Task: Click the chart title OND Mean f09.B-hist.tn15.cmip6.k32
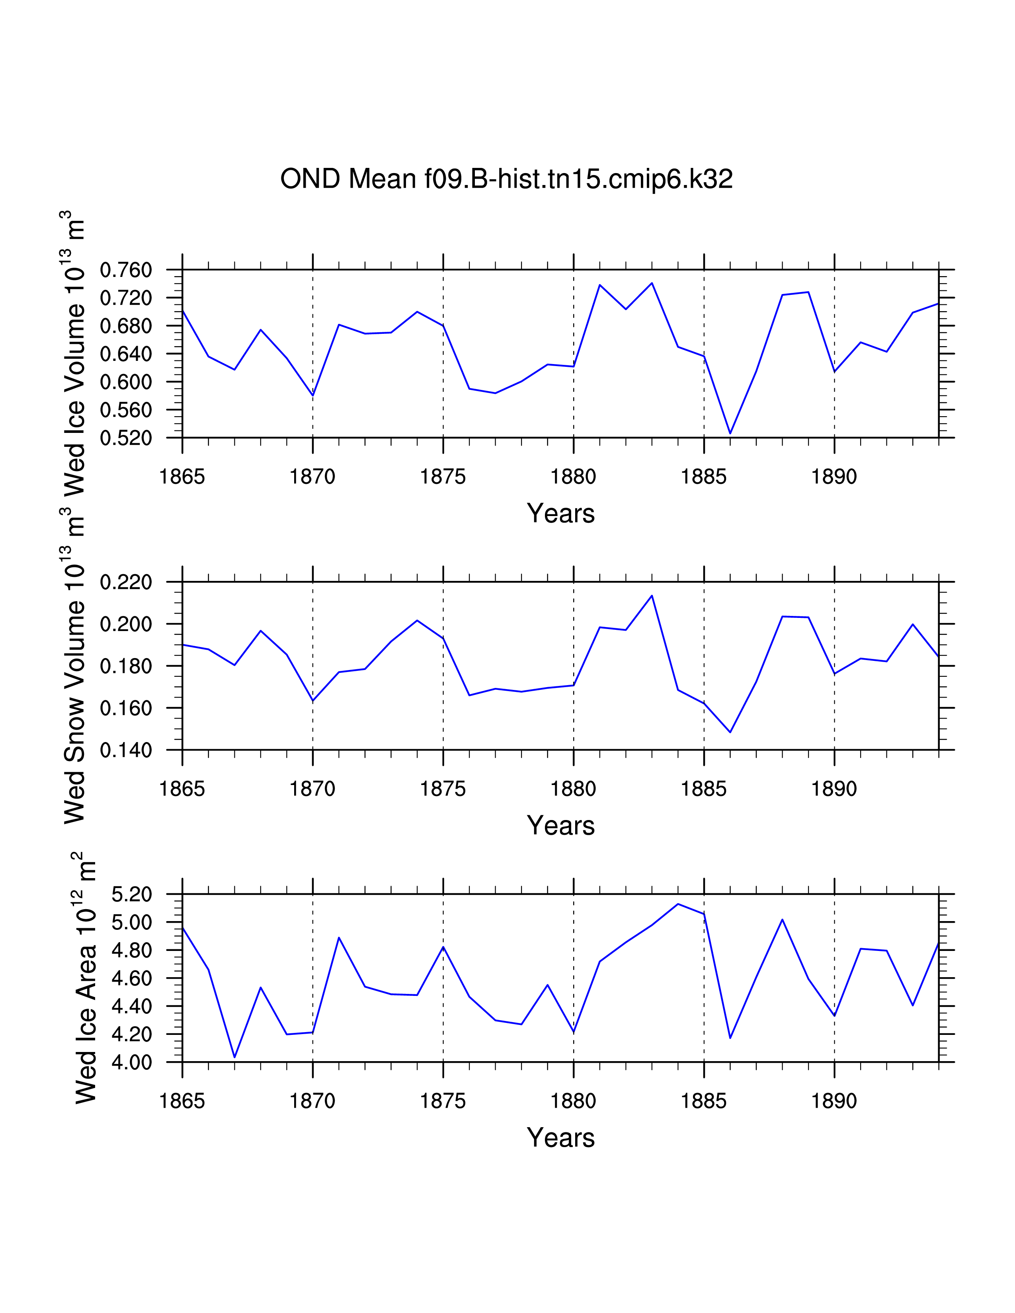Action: [506, 179]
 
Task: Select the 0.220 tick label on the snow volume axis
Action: [126, 582]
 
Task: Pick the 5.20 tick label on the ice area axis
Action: [132, 894]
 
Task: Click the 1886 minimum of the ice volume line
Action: [730, 433]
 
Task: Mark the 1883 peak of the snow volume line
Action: [652, 595]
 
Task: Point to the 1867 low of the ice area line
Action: [234, 1057]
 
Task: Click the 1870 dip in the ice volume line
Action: [313, 395]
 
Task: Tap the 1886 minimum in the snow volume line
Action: [730, 732]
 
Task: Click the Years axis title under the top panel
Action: [560, 513]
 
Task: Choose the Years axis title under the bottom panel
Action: [560, 1138]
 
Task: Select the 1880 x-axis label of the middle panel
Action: [573, 789]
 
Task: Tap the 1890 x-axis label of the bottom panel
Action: [834, 1101]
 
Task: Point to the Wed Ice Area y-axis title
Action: [86, 978]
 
